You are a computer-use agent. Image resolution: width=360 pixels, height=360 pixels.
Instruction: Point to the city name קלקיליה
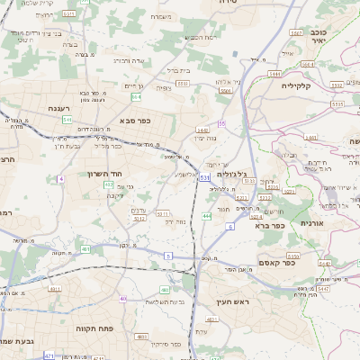point(320,86)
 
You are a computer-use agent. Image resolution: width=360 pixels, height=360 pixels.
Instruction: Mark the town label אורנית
point(310,221)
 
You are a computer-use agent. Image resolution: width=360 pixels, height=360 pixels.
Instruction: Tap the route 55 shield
point(221,123)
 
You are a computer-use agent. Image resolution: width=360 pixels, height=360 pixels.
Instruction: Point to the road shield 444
point(207,216)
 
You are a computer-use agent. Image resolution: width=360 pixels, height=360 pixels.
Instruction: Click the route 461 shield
point(85,248)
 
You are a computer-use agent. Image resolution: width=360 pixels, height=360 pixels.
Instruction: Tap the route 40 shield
point(122,298)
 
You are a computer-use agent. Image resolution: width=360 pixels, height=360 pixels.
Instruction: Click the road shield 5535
point(337,104)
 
